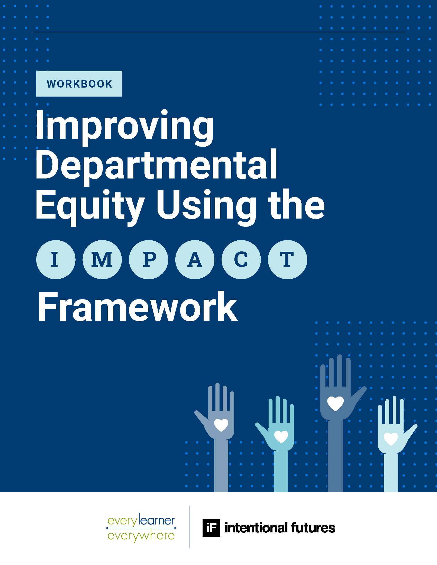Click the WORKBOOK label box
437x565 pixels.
[79, 83]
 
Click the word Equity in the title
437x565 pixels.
[90, 207]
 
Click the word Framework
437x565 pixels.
[138, 306]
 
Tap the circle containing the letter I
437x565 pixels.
[56, 259]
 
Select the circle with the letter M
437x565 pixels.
[102, 259]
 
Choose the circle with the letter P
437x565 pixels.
[149, 259]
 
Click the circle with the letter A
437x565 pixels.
[195, 259]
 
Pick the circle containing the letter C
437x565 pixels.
[241, 259]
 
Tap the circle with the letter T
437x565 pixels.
[288, 259]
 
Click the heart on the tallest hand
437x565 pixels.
[335, 403]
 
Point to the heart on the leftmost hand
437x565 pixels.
[221, 425]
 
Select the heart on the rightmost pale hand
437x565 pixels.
[391, 439]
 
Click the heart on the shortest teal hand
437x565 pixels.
[281, 437]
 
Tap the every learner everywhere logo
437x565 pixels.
[141, 528]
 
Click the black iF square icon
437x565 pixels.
[211, 528]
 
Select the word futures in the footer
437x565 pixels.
[313, 528]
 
